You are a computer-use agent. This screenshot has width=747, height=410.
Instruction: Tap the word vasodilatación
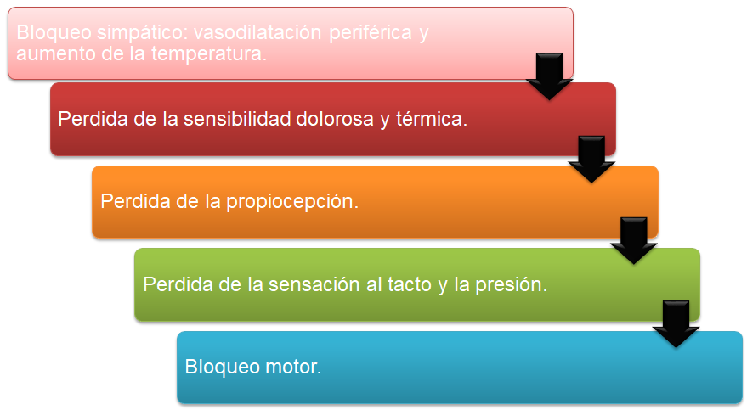[257, 32]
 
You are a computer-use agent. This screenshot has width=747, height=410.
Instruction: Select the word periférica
[371, 33]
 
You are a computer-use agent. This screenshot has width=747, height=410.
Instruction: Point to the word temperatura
[209, 53]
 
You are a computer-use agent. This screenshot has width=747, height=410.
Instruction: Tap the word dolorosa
[335, 119]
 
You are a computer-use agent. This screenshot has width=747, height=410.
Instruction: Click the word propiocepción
[292, 202]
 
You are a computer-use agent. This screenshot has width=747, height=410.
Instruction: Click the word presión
[512, 285]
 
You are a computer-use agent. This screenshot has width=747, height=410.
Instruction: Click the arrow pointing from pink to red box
[549, 76]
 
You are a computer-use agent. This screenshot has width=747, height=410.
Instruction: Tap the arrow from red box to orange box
[591, 160]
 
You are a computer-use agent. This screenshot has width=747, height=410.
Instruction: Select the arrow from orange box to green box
[634, 241]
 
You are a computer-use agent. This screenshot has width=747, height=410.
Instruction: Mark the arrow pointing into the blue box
[676, 324]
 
